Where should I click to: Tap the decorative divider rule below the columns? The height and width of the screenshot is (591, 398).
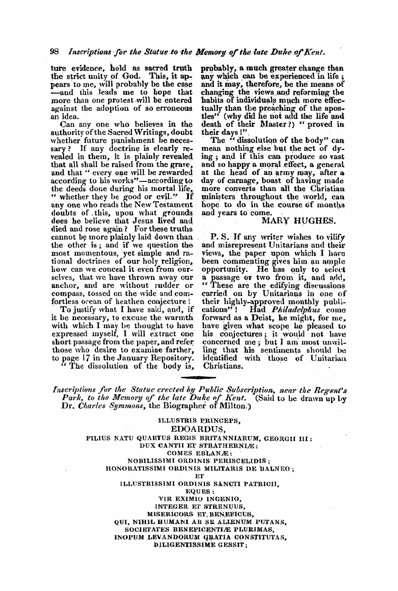coord(199,377)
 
